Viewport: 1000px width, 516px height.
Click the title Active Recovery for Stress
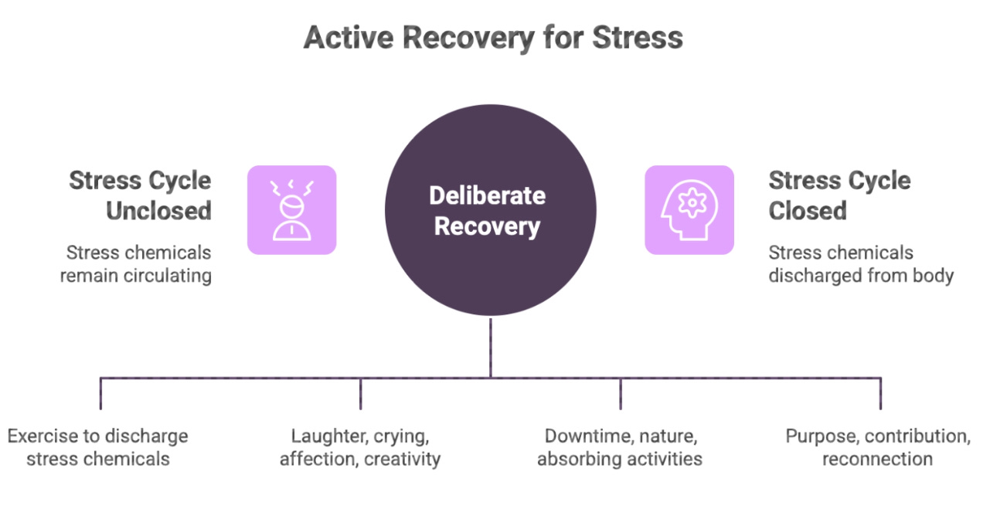pos(493,38)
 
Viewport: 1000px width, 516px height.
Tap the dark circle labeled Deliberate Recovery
pos(490,210)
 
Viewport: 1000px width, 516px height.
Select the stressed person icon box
pos(291,210)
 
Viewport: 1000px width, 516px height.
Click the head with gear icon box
pos(689,210)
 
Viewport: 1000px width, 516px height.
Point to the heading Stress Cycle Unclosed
pos(140,195)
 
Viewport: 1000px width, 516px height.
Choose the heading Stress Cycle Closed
pos(839,195)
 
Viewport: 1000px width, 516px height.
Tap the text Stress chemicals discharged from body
pos(860,264)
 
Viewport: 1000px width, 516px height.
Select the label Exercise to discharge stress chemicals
pos(98,447)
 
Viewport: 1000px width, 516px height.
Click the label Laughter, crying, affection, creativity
pos(360,447)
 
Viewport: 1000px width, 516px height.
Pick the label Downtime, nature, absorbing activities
pos(620,447)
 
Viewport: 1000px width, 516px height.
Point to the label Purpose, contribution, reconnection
pos(878,447)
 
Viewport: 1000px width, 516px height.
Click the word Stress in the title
pos(640,38)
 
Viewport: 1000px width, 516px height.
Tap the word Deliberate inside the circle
pos(488,195)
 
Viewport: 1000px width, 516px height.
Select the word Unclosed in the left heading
pos(158,211)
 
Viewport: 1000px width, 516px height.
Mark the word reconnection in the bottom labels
pos(877,459)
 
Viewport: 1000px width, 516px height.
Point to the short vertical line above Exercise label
pos(100,393)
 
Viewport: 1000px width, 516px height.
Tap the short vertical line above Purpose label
pos(880,393)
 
